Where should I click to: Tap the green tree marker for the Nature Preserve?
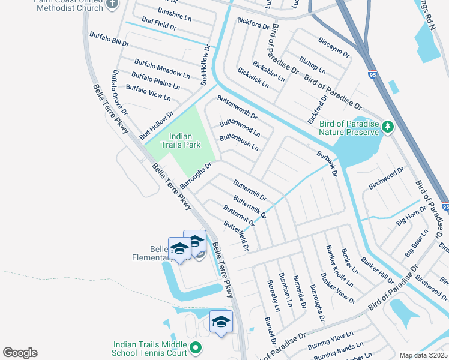(x=388, y=127)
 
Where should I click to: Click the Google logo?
(x=20, y=353)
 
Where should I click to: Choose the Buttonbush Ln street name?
(x=238, y=142)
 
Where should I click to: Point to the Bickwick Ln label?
(x=253, y=77)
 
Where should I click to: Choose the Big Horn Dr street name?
(x=411, y=216)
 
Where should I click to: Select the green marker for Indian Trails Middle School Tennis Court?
(x=195, y=347)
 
